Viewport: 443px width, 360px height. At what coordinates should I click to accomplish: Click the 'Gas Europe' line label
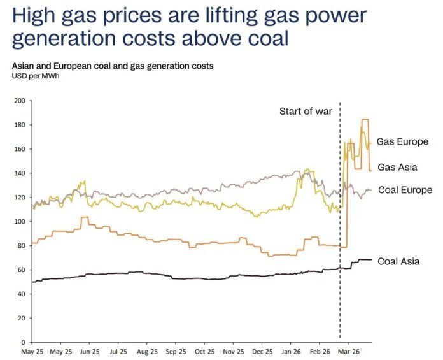(x=402, y=141)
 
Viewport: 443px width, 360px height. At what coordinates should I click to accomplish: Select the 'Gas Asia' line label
(x=397, y=167)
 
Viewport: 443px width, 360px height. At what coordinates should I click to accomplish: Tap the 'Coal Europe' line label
(x=405, y=190)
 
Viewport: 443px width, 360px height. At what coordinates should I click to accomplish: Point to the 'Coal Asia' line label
(x=398, y=261)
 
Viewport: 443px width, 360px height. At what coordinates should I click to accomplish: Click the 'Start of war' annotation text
(x=306, y=112)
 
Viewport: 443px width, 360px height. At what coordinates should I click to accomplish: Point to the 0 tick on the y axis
(x=22, y=342)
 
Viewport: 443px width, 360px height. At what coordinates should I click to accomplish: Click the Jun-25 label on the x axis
(x=90, y=351)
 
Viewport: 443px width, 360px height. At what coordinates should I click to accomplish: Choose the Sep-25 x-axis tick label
(x=176, y=351)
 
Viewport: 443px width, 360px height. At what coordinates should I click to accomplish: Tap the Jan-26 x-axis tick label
(x=291, y=351)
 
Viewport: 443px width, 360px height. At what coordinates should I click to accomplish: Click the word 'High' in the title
(x=34, y=15)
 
